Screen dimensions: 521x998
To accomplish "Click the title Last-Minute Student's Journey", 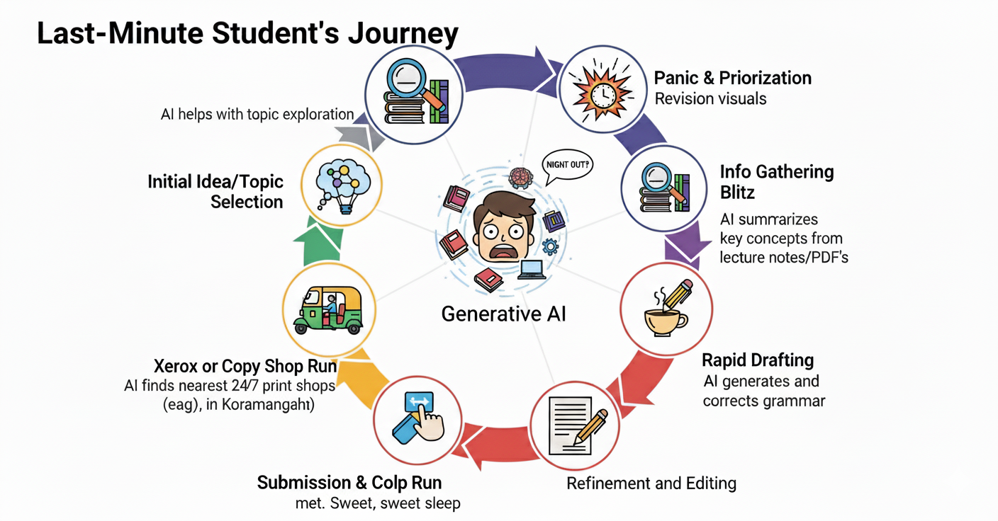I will (x=247, y=34).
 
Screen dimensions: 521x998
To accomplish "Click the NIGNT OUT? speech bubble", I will (x=566, y=164).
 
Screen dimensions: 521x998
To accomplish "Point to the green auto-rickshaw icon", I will (x=328, y=310).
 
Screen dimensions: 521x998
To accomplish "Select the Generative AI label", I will (x=504, y=314).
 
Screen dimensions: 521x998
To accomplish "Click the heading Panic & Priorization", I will (x=733, y=78).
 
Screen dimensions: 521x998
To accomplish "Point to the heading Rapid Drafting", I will (x=758, y=360).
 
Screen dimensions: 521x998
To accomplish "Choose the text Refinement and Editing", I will (x=651, y=483).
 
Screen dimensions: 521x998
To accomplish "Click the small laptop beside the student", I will (x=532, y=270).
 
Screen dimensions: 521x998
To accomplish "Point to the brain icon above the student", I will (x=520, y=176).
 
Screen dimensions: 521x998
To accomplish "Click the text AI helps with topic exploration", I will (x=257, y=114).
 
